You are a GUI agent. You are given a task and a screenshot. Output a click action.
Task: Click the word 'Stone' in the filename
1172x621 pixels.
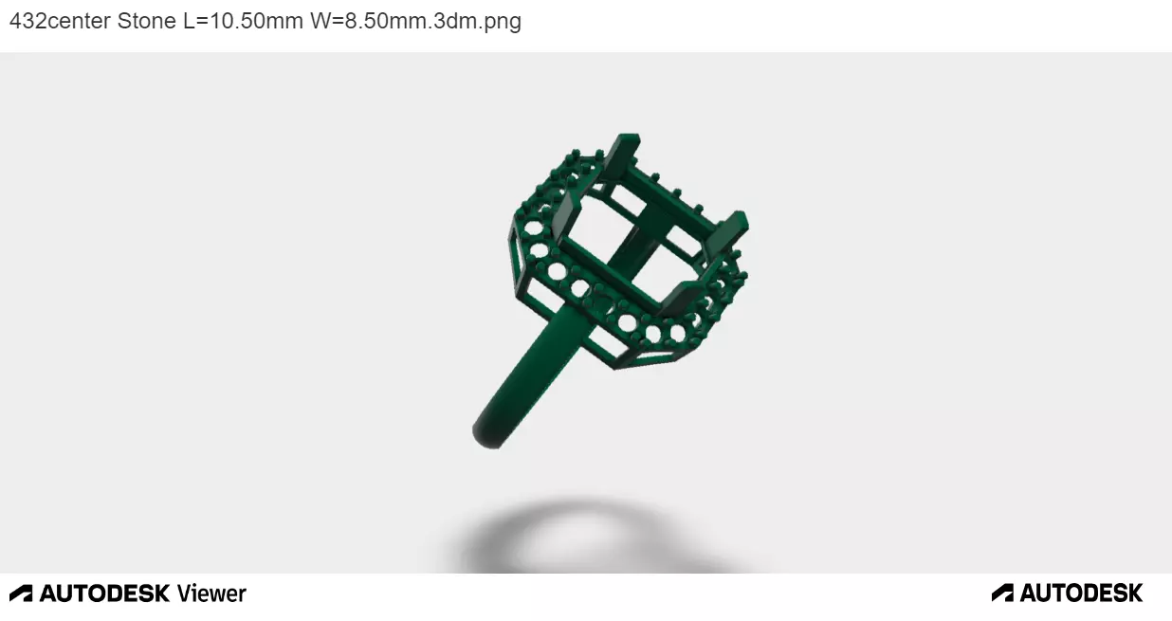(x=146, y=21)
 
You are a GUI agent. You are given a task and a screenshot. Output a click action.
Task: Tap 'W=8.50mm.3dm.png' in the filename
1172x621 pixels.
(x=415, y=21)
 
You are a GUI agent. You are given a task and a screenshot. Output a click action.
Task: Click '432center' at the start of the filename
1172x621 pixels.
(x=60, y=21)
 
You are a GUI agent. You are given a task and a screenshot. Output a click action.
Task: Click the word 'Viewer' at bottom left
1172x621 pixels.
(x=211, y=594)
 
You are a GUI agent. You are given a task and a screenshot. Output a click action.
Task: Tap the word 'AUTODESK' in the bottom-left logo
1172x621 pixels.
(x=104, y=594)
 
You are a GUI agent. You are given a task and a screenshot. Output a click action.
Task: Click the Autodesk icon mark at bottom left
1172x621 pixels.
(x=21, y=594)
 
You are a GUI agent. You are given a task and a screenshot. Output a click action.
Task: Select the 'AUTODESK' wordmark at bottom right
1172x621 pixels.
(x=1081, y=594)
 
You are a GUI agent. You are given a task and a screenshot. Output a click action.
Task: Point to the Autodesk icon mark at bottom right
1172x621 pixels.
(x=1002, y=594)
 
